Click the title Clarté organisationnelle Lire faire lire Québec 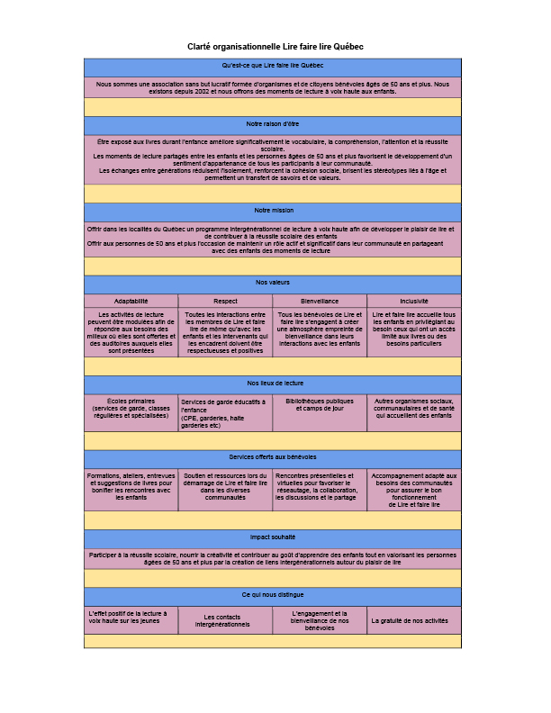click(x=275, y=46)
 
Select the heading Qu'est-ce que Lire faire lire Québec click(x=273, y=67)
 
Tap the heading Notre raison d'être click(x=273, y=124)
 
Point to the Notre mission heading click(x=273, y=211)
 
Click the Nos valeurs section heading click(x=273, y=284)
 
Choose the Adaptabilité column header click(x=131, y=301)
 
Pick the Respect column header click(x=225, y=301)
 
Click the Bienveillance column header click(x=320, y=301)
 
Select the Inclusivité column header click(x=414, y=301)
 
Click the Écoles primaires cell click(x=131, y=409)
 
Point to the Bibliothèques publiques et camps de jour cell click(x=320, y=404)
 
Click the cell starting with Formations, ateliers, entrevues click(x=131, y=486)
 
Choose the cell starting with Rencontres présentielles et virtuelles click(x=320, y=486)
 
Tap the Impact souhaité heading click(x=273, y=537)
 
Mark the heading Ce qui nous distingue click(x=273, y=595)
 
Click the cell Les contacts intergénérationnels click(x=225, y=621)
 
